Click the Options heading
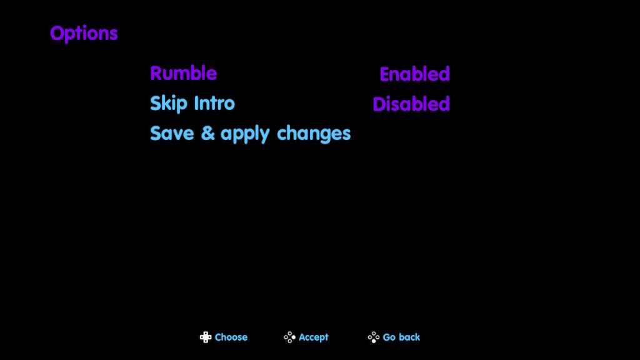[x=84, y=34]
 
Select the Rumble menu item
[x=183, y=74]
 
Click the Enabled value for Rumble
[x=414, y=74]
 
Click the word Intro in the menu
[x=214, y=103]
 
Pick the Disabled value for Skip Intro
[x=411, y=104]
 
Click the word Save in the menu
[x=172, y=134]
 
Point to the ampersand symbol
[x=207, y=134]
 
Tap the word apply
[x=245, y=135]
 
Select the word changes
[x=314, y=134]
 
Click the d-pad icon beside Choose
[x=206, y=337]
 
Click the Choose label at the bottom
[x=231, y=337]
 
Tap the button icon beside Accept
[x=289, y=337]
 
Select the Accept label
[x=314, y=337]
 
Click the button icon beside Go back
[x=374, y=337]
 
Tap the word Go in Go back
[x=389, y=337]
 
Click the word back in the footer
[x=409, y=337]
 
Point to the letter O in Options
[x=57, y=34]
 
